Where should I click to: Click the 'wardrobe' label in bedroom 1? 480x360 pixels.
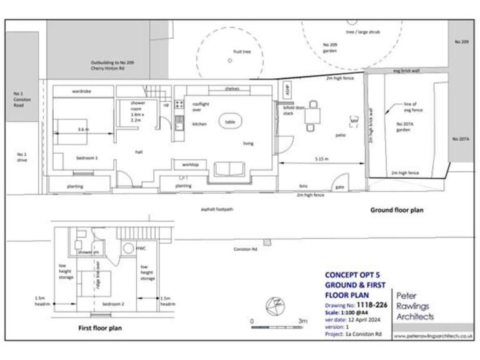click(81, 91)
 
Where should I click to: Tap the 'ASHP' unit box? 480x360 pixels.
click(287, 91)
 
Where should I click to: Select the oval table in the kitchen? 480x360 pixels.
click(230, 122)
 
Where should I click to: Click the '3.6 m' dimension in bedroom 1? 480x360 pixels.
click(82, 129)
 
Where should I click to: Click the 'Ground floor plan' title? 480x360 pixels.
click(396, 210)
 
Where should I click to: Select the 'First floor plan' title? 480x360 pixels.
click(100, 327)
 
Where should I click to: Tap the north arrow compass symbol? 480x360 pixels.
click(275, 307)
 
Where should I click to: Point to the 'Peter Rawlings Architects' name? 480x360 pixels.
click(414, 306)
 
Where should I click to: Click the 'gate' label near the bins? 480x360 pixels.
click(341, 187)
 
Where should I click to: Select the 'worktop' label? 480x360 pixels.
click(190, 164)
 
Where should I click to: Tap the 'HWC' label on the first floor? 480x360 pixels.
click(141, 248)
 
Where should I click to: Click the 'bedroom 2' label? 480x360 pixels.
click(113, 303)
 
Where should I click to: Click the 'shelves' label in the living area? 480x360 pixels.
click(232, 89)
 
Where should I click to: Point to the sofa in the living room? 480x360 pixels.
click(230, 169)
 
